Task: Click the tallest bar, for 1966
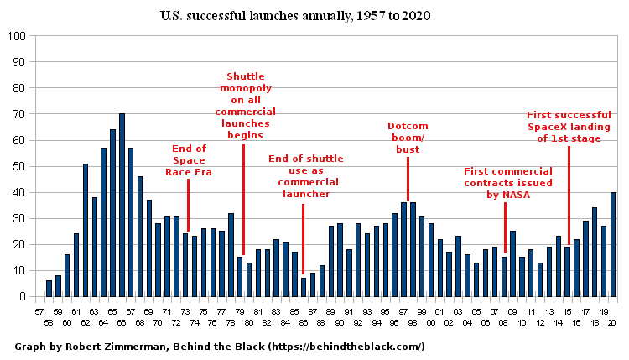pos(122,205)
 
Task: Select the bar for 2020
pos(613,245)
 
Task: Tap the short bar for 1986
pos(304,287)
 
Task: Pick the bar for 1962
pos(86,231)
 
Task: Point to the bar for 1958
pos(49,289)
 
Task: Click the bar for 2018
pos(595,253)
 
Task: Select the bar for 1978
pos(231,255)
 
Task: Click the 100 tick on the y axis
pos(17,36)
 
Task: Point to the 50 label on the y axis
pos(18,166)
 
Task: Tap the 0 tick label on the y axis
pos(23,297)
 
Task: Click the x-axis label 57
pos(39,312)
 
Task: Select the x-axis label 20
pos(611,322)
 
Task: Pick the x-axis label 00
pos(431,322)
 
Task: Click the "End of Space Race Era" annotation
pos(189,160)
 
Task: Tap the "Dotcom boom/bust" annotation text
pos(408,138)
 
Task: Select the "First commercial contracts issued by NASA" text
pos(508,183)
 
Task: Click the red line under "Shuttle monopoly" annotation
pos(243,200)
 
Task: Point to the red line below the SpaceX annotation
pos(569,196)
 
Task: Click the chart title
pos(295,16)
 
